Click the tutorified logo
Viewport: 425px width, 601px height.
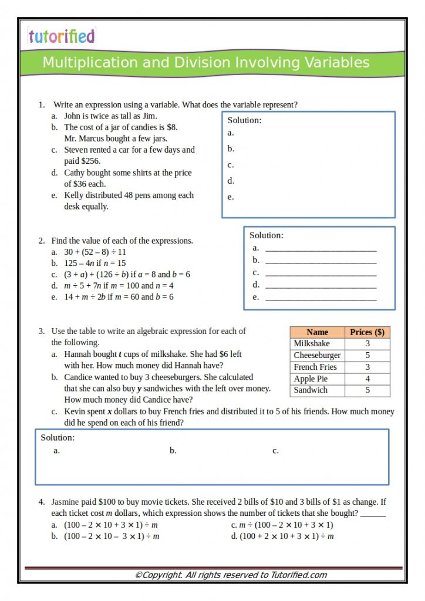coord(61,36)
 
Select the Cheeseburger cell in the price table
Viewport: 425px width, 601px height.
coord(317,355)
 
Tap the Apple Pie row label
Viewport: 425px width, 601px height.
coord(311,379)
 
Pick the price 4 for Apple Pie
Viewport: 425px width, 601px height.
coord(367,379)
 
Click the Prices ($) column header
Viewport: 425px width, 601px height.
coord(367,332)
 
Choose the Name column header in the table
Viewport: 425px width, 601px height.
coord(317,332)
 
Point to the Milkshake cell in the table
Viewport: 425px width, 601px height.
coord(312,343)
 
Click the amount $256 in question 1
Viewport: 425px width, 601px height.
coord(90,161)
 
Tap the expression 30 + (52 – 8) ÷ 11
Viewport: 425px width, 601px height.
coord(95,252)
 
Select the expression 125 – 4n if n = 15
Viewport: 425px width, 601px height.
coord(95,263)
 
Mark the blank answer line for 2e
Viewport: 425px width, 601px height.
coord(321,298)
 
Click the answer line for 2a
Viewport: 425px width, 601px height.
coord(321,249)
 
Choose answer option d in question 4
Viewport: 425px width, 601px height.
coord(282,536)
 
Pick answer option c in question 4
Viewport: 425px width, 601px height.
coord(282,525)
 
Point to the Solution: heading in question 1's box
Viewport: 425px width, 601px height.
coord(244,120)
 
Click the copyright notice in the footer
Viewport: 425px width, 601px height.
coord(231,575)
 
